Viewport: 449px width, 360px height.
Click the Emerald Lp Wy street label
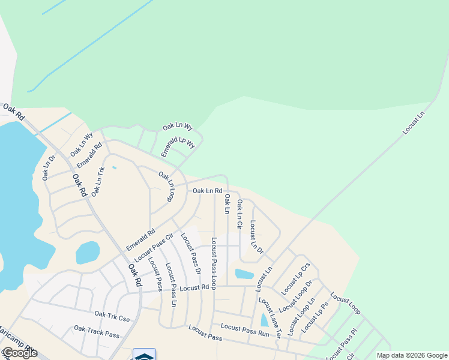[178, 147]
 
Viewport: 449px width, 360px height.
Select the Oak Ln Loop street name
[166, 187]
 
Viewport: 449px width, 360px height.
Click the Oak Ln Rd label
[208, 191]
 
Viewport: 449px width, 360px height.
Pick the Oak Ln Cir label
[240, 215]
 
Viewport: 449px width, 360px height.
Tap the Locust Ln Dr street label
[256, 237]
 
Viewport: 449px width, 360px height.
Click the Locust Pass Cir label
[149, 250]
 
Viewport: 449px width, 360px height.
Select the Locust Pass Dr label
[190, 254]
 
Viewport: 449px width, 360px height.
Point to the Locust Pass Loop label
[214, 263]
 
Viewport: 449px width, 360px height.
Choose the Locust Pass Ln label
[171, 285]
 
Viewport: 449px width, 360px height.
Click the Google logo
[19, 353]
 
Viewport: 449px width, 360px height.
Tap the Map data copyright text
[411, 355]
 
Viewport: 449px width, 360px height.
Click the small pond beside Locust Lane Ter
[264, 320]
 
